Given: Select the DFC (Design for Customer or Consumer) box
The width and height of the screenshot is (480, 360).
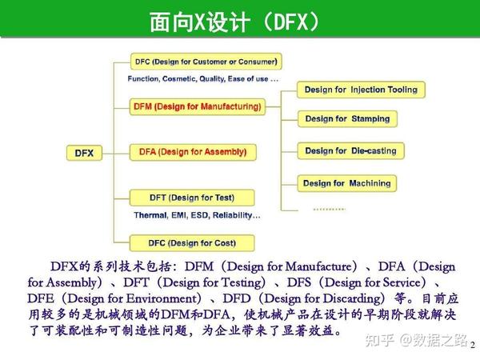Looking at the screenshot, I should tap(206, 62).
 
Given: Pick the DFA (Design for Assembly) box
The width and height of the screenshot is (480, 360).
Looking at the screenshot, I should tap(192, 151).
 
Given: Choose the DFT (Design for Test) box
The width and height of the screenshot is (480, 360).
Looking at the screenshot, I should tap(192, 198).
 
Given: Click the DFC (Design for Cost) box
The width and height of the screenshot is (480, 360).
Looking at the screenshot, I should tap(192, 242).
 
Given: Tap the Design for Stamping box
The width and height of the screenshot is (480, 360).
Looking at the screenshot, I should tap(347, 119).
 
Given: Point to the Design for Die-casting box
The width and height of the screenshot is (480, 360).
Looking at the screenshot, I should tap(350, 150).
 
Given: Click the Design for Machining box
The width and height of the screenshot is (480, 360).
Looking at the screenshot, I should tap(347, 183).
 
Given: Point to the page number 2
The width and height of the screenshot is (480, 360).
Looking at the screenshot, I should tap(472, 344).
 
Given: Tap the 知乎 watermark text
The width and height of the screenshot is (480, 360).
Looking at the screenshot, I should tap(378, 341).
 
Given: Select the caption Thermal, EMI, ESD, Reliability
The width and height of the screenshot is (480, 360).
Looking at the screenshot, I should tap(197, 215).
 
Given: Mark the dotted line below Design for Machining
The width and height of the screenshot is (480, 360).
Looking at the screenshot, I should tap(329, 208).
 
